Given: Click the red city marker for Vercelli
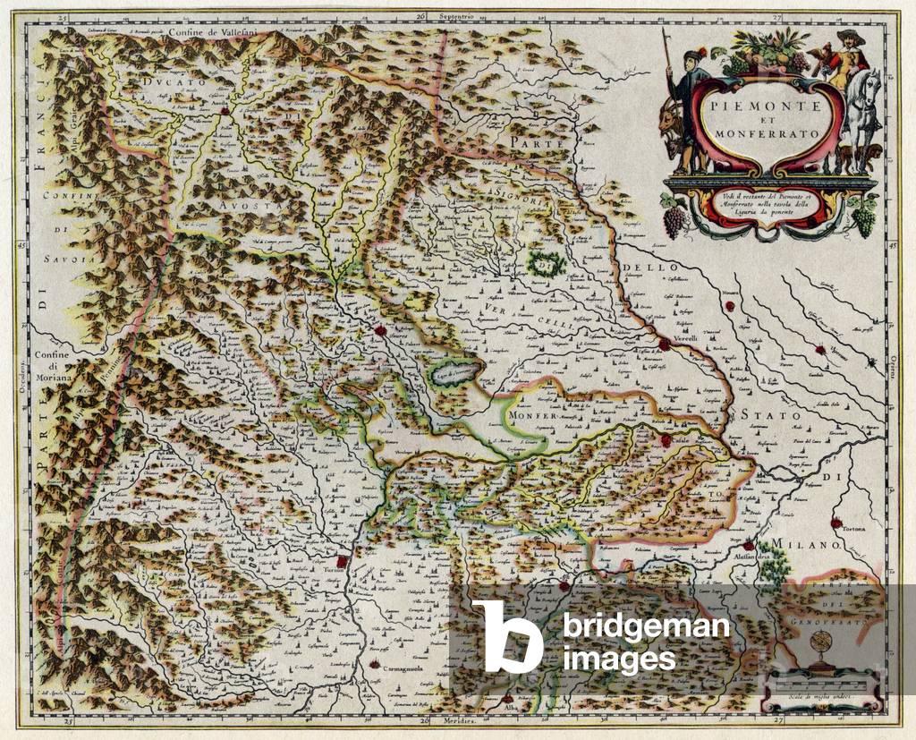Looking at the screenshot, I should click(664, 344).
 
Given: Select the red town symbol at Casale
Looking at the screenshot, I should click(666, 440).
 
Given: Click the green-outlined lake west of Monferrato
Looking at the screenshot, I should click(459, 378).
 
